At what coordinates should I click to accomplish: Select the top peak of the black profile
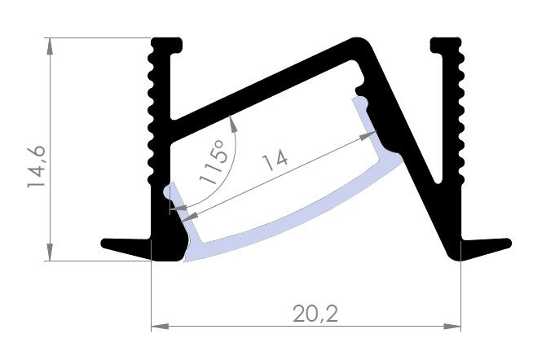click(359, 41)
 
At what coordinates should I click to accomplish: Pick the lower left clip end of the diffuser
click(168, 192)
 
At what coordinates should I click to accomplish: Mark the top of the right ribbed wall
click(446, 41)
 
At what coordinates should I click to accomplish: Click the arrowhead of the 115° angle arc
click(234, 121)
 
